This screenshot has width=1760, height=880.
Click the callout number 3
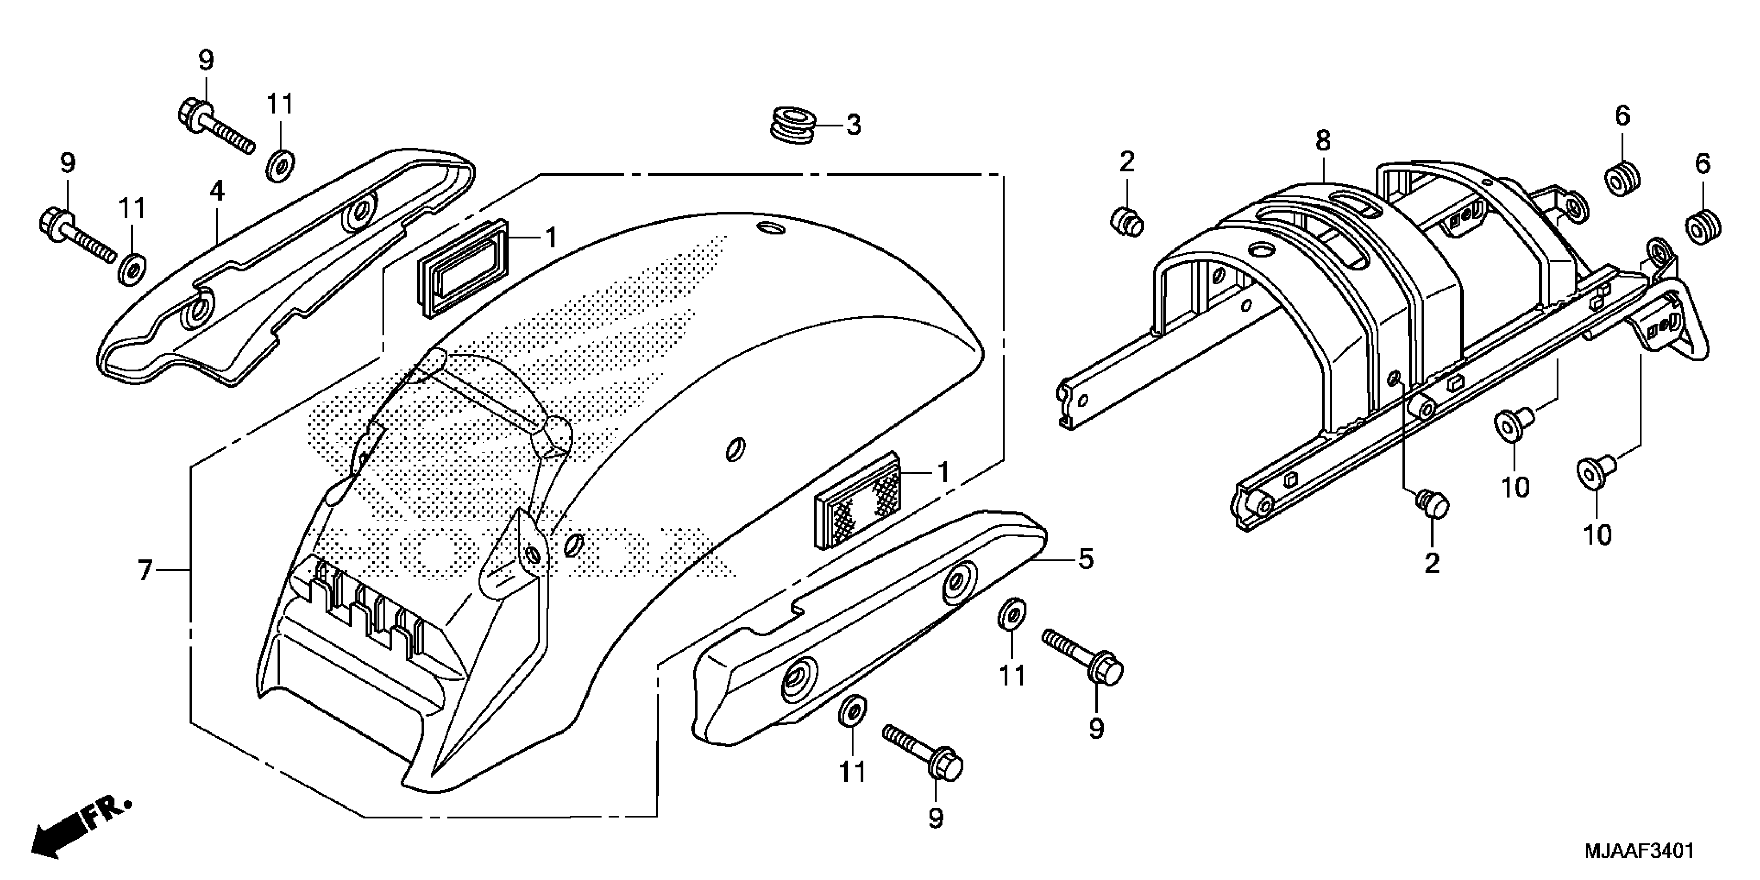coord(854,126)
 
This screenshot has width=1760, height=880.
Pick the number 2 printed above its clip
coord(1126,162)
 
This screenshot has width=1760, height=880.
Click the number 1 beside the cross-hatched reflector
coord(943,472)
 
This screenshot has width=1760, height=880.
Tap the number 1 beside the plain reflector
coord(551,237)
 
